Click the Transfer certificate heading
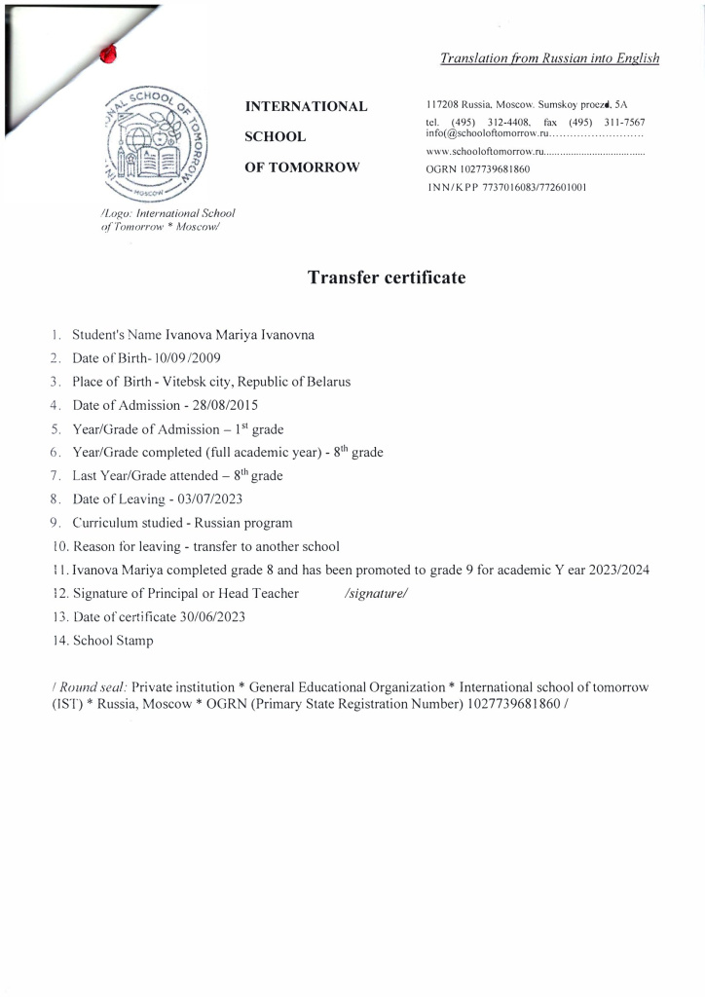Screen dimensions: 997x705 [x=387, y=278]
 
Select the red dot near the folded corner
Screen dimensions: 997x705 [x=108, y=55]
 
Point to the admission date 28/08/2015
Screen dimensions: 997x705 [x=226, y=404]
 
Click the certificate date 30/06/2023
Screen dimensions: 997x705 [x=212, y=617]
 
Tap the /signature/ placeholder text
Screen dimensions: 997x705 [x=375, y=593]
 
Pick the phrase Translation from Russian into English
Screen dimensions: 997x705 [x=550, y=58]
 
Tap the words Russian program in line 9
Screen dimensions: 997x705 [x=243, y=522]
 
